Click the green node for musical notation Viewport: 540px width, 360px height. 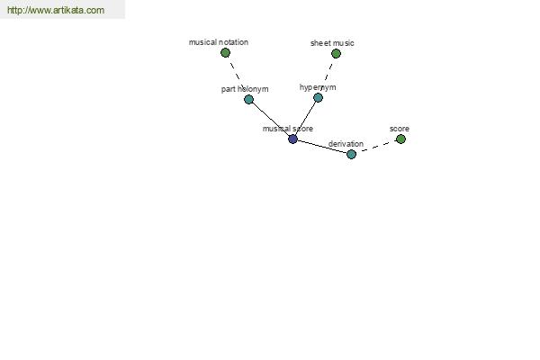(x=225, y=53)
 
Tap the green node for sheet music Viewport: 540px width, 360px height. (x=336, y=54)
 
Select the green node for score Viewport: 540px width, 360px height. (x=400, y=139)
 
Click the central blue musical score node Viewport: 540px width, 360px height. (x=292, y=139)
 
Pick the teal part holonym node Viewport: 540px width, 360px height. (x=249, y=99)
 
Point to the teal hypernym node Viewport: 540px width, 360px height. (x=318, y=97)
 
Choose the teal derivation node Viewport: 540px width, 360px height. (x=351, y=154)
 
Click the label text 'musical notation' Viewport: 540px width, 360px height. (x=219, y=42)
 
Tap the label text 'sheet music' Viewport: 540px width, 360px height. (x=332, y=43)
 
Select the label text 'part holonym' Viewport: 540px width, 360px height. (x=245, y=89)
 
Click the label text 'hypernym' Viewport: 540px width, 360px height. (x=318, y=87)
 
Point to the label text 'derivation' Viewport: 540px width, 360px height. (x=346, y=144)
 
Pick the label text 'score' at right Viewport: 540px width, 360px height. (x=400, y=129)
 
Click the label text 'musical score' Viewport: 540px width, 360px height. (x=288, y=129)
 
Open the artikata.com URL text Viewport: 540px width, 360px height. (x=56, y=11)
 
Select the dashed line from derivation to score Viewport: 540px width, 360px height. (x=376, y=147)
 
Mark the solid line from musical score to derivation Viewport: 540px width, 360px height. (x=321, y=147)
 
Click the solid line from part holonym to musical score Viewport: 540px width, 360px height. (x=271, y=119)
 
